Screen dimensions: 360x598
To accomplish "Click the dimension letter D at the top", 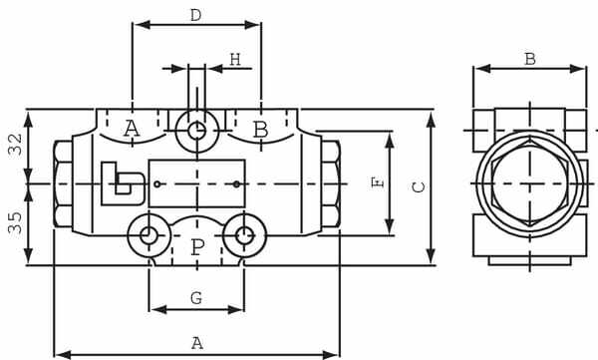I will tap(196, 15).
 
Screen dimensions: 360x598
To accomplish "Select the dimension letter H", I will tap(234, 60).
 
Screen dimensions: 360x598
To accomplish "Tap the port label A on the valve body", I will tap(132, 129).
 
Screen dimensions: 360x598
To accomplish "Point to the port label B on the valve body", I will tap(260, 129).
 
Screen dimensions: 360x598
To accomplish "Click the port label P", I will tap(196, 247).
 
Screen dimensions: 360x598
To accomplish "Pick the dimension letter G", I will tap(196, 298).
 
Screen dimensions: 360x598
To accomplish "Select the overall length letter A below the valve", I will tap(196, 342).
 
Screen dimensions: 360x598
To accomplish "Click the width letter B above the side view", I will tap(529, 58).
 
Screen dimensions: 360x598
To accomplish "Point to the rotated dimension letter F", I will tap(376, 183).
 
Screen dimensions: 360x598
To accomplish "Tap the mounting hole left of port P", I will tap(149, 236).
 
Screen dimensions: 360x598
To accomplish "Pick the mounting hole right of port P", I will tap(243, 236).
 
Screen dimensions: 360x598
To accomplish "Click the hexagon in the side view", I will tap(529, 184).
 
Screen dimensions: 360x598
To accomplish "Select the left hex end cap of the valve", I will tap(63, 184).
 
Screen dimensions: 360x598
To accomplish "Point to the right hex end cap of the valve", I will tap(330, 184).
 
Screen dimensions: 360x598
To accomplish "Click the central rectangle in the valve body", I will tap(196, 183).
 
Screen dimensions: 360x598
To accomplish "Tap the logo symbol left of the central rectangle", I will tap(122, 183).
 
